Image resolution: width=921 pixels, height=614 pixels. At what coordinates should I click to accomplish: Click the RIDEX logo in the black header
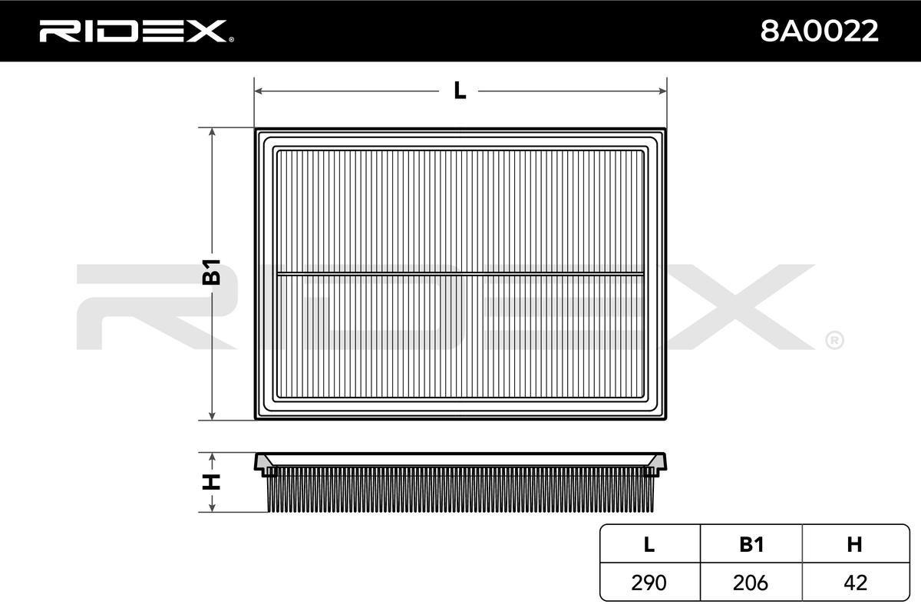137,31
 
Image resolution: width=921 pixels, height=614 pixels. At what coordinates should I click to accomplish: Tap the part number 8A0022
819,31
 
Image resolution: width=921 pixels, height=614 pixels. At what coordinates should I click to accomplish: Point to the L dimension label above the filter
460,91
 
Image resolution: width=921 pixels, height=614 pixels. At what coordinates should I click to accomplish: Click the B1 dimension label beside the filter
211,272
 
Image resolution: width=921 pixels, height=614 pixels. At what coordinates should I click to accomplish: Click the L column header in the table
649,544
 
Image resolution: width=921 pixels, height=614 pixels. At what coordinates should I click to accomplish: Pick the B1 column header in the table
751,544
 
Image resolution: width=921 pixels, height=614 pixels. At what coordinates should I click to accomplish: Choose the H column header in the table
854,544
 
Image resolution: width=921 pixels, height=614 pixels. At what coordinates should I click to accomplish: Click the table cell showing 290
649,583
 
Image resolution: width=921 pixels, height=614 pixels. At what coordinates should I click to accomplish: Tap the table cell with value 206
751,583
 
